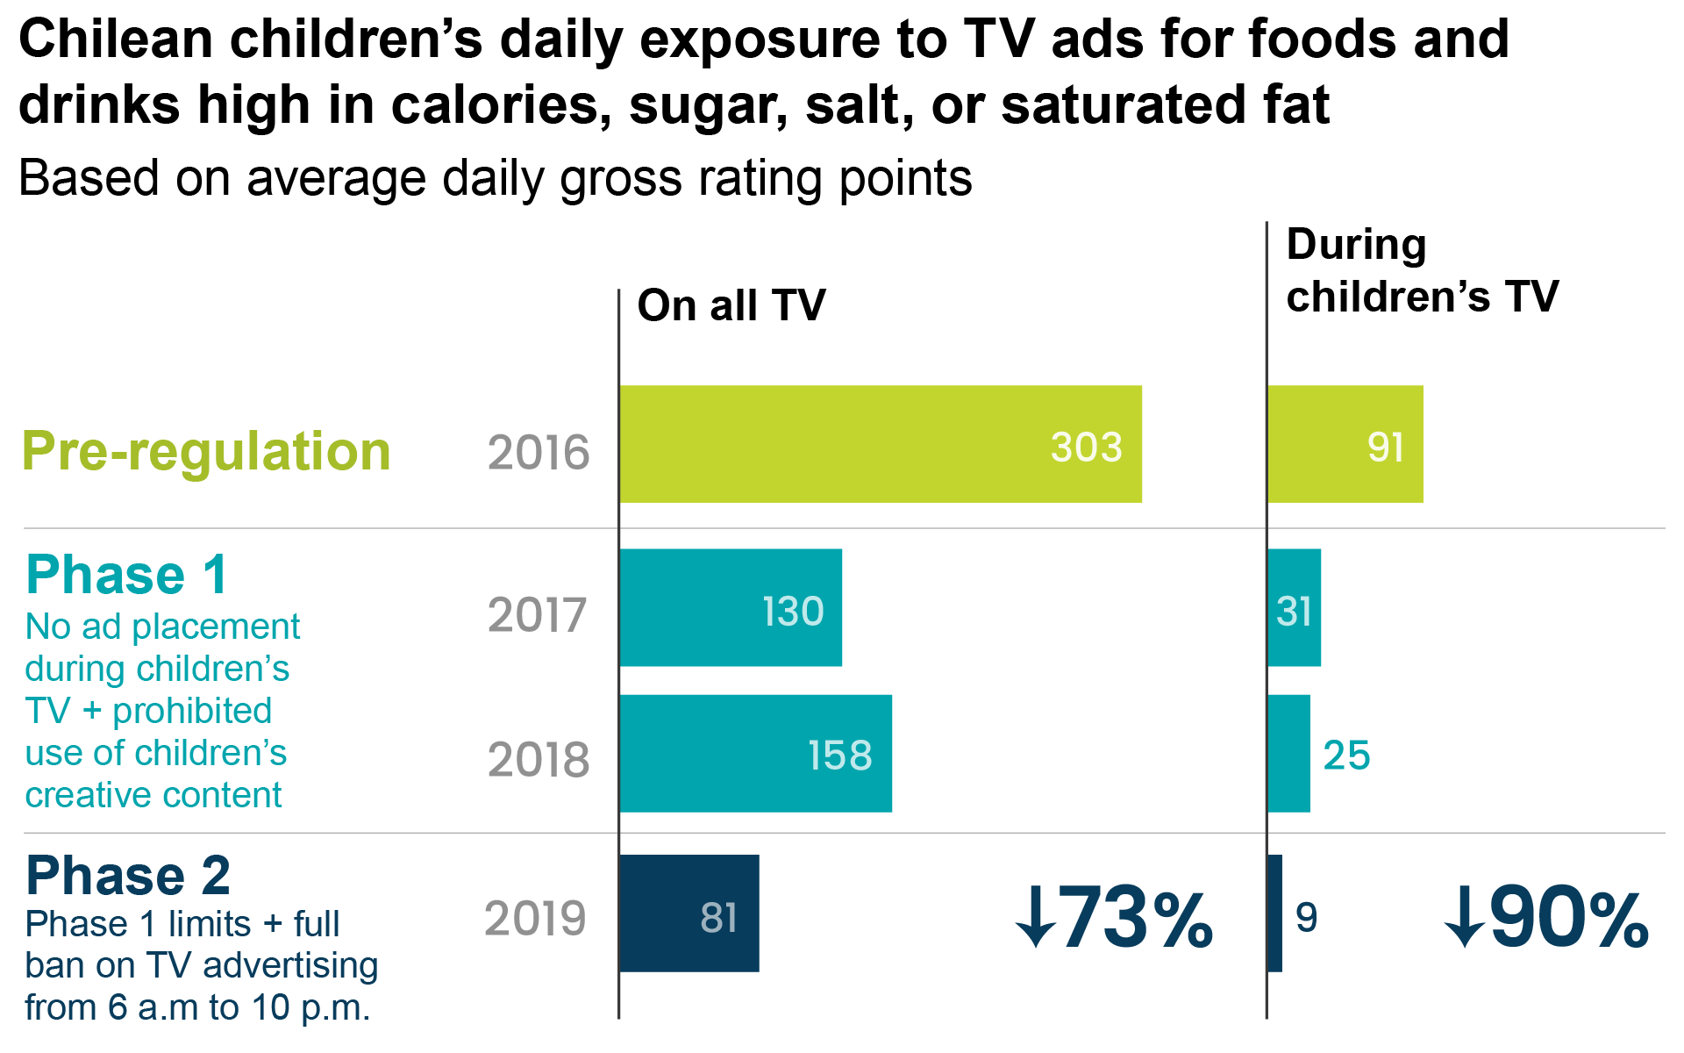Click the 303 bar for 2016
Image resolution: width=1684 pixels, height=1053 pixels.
[x=880, y=444]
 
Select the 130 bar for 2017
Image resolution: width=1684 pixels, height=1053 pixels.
[x=730, y=607]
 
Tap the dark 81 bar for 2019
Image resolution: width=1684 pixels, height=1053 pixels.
[x=689, y=913]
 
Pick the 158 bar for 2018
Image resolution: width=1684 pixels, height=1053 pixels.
[x=754, y=754]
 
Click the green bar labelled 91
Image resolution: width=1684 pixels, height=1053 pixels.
[x=1345, y=444]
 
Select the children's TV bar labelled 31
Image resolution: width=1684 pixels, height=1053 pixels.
[x=1294, y=607]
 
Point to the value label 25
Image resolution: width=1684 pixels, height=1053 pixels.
[x=1346, y=756]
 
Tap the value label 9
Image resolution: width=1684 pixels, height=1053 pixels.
[x=1306, y=918]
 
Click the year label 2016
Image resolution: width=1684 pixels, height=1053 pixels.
[x=538, y=453]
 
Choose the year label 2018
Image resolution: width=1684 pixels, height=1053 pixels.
[x=538, y=760]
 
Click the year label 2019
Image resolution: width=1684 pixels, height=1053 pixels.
[x=535, y=919]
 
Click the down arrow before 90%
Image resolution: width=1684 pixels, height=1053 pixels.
[x=1464, y=919]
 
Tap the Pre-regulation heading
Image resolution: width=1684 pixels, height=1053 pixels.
[x=206, y=452]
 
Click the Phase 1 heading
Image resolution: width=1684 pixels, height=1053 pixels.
[x=127, y=576]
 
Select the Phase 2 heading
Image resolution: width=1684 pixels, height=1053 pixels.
[x=128, y=875]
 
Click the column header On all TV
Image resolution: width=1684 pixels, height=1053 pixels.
[x=731, y=305]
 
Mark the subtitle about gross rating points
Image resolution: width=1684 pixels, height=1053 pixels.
[x=495, y=178]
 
